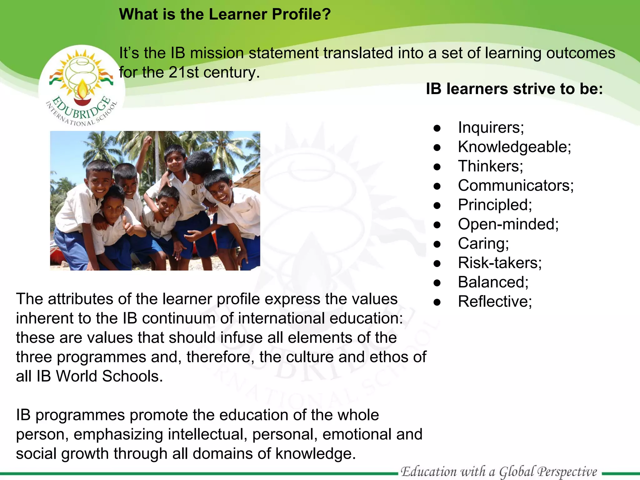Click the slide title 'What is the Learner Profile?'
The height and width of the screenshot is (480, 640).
[x=225, y=14]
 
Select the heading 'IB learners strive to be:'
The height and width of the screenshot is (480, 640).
[x=514, y=89]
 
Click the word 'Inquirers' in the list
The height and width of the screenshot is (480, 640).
[x=491, y=127]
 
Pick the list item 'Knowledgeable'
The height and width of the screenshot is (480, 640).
[x=514, y=147]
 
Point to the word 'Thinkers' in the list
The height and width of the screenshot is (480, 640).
[x=490, y=166]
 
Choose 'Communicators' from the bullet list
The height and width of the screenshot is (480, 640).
[x=515, y=186]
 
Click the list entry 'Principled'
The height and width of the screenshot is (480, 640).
[x=494, y=205]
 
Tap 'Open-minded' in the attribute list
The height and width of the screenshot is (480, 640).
[x=508, y=224]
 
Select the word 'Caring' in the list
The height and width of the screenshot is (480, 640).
[x=483, y=244]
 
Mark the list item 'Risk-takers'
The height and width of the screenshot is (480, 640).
[x=499, y=263]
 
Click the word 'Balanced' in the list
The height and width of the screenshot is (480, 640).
[x=493, y=282]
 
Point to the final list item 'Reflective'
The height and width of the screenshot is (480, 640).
[x=494, y=302]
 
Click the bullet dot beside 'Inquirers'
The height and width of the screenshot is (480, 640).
[x=437, y=128]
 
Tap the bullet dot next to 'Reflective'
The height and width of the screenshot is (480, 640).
[x=437, y=302]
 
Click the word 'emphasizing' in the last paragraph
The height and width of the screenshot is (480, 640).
[x=118, y=435]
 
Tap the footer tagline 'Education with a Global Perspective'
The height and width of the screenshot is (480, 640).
[x=499, y=472]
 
